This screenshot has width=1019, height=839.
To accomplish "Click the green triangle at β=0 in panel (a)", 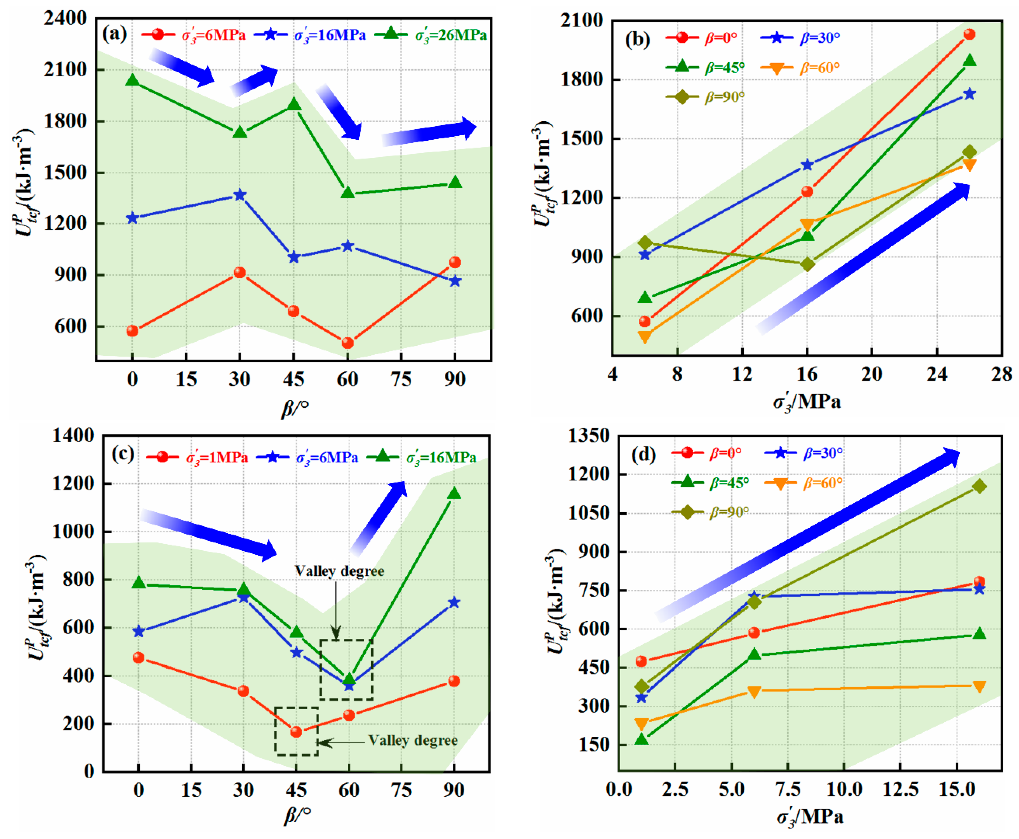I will tap(132, 81).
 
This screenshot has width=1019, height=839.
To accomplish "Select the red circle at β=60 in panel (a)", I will tap(347, 343).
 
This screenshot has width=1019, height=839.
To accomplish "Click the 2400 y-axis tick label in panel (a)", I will tap(65, 18).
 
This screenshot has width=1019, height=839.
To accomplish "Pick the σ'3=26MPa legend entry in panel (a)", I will tap(430, 35).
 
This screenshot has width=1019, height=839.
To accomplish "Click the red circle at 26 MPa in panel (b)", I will tap(969, 34).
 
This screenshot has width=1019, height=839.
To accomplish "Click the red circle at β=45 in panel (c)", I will tap(296, 732).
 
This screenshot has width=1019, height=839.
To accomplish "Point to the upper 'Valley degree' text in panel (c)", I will tap(339, 571).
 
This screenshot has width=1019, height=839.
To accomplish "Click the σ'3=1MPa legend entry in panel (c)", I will tap(197, 457).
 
